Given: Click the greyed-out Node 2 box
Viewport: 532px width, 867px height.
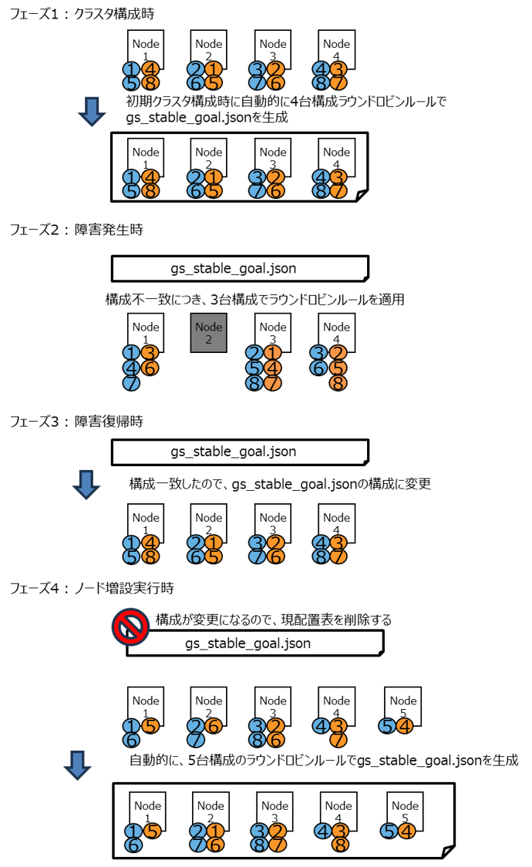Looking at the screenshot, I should [x=209, y=334].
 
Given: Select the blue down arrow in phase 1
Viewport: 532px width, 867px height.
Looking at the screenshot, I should [x=92, y=113].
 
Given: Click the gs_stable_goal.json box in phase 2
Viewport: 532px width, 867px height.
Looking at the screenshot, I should [x=240, y=268].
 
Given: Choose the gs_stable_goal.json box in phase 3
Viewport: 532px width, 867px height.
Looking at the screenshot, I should [x=240, y=452].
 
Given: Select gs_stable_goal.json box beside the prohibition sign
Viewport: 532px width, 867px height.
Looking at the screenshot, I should [x=254, y=643].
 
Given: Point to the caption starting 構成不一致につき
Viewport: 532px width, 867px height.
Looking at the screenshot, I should [x=254, y=299].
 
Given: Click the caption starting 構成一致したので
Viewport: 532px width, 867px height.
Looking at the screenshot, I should [x=279, y=484].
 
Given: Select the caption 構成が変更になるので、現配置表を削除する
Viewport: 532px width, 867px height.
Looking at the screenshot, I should [x=274, y=619].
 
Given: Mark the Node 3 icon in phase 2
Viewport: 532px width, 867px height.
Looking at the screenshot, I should [x=273, y=332].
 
